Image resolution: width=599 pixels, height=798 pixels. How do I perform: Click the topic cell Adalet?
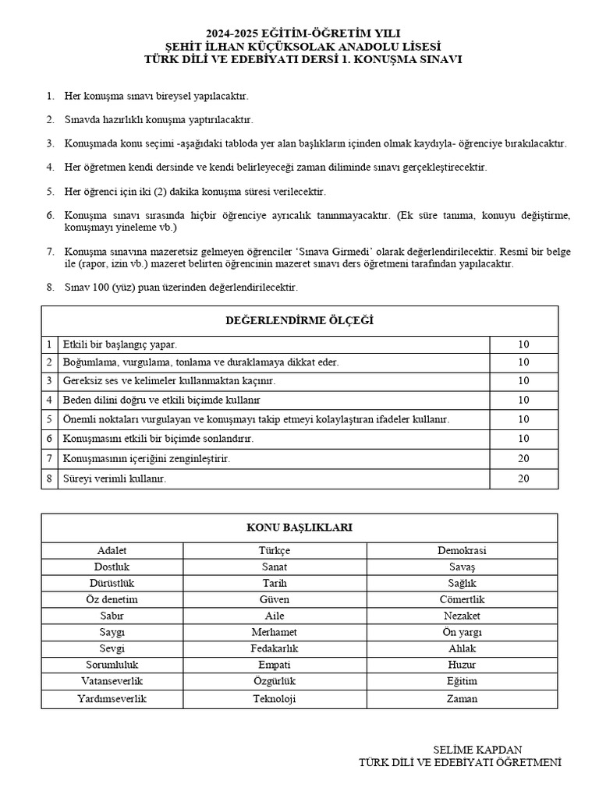click(x=112, y=550)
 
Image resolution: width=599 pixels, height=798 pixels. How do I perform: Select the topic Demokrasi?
click(x=462, y=550)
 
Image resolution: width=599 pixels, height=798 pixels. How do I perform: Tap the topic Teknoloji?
click(x=275, y=698)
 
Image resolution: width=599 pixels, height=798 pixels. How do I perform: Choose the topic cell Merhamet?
click(x=275, y=631)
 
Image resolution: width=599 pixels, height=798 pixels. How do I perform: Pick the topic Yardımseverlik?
click(x=112, y=698)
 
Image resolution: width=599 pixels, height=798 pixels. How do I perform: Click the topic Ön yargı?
click(x=462, y=631)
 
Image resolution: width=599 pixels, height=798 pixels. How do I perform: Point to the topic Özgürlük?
click(x=275, y=680)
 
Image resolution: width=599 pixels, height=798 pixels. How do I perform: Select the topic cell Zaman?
click(x=462, y=698)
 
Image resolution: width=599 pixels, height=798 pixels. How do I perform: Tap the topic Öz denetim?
click(x=112, y=599)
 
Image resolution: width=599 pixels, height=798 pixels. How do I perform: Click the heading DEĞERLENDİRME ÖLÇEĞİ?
click(x=299, y=320)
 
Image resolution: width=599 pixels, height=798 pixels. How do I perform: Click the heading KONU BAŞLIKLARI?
click(x=299, y=528)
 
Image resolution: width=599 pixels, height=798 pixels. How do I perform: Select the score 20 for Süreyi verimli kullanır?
click(x=523, y=478)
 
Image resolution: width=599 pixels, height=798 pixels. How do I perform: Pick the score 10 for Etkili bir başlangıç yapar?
click(x=523, y=343)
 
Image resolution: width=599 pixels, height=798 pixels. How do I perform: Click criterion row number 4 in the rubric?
click(x=49, y=400)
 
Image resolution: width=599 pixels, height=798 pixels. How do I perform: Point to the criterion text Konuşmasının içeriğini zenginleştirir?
click(x=147, y=459)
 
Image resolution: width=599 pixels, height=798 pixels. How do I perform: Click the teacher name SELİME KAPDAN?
click(x=477, y=749)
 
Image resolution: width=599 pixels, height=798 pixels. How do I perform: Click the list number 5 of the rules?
click(x=50, y=191)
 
